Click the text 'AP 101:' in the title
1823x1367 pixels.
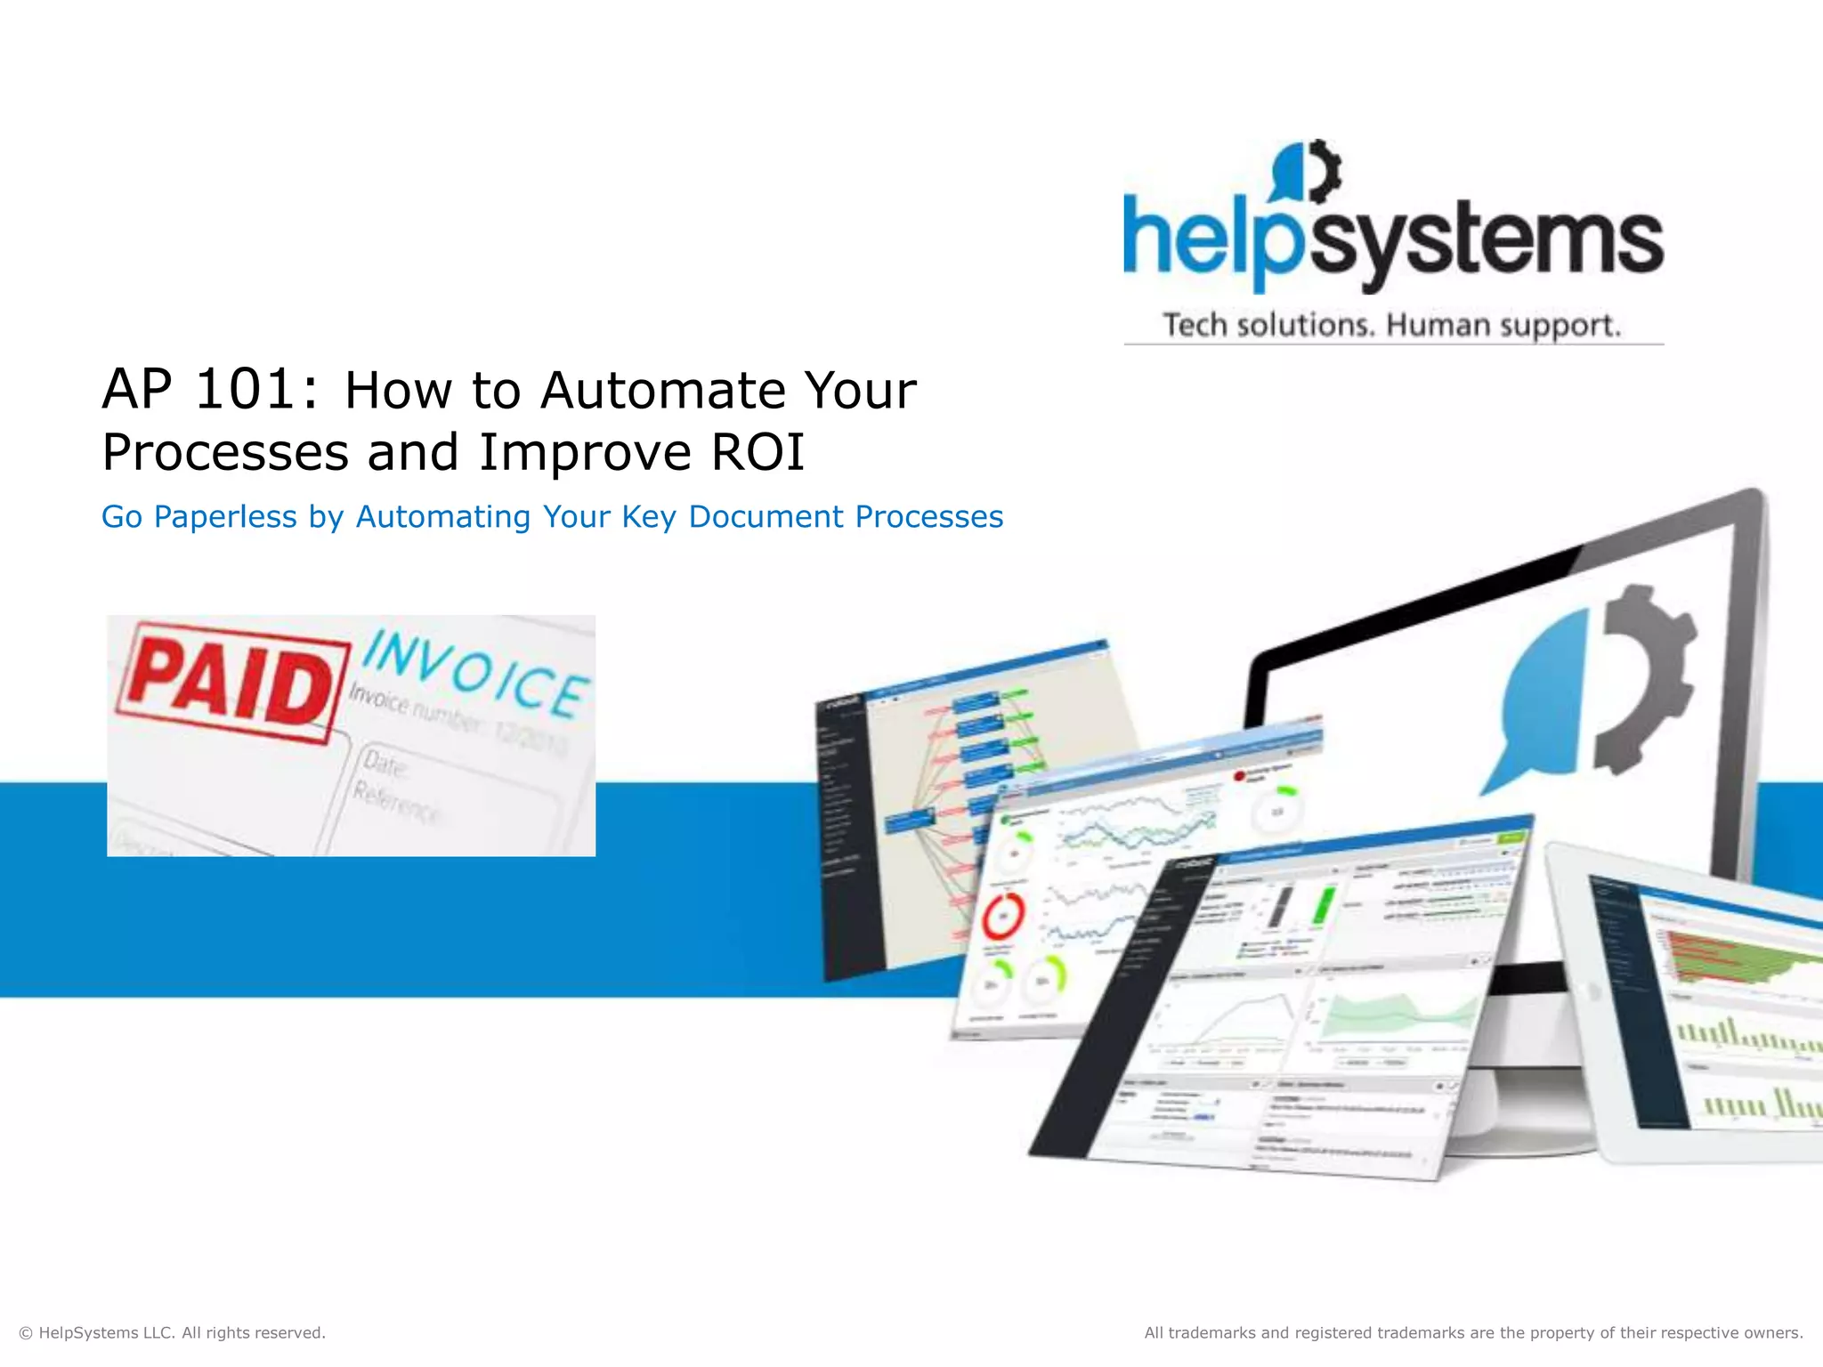point(209,390)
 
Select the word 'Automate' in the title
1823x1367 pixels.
point(663,390)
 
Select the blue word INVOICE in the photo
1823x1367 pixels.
point(476,674)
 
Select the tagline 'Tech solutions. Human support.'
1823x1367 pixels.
point(1391,325)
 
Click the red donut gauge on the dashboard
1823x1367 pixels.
point(1003,915)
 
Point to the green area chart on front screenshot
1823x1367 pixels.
point(1398,1015)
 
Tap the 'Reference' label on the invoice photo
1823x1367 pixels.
point(396,804)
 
